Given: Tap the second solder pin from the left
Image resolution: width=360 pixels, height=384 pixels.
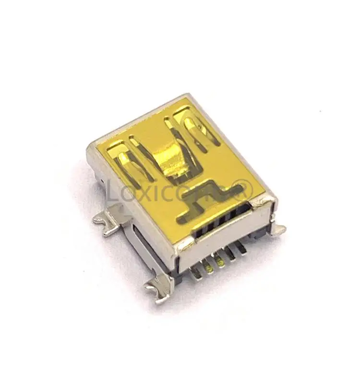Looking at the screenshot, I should pyautogui.click(x=209, y=267).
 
